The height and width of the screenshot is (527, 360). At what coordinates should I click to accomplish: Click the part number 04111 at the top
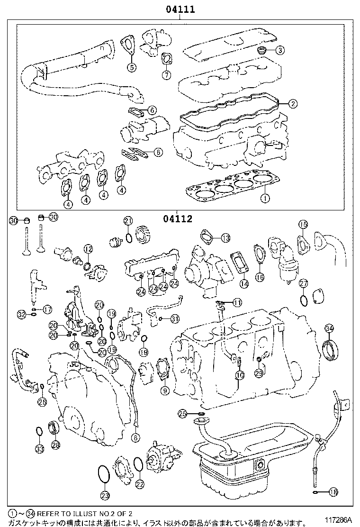180,9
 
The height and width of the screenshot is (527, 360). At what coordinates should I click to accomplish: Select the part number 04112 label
178,219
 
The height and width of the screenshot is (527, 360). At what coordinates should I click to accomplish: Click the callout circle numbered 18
333,492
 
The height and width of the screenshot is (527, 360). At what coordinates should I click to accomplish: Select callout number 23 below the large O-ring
105,496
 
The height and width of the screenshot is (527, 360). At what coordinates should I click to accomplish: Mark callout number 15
303,224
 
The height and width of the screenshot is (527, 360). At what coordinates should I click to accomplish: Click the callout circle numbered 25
183,414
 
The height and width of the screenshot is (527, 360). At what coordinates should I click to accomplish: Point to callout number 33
39,448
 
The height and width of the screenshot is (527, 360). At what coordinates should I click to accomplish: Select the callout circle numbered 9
165,391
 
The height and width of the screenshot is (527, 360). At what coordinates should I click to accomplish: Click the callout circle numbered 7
166,75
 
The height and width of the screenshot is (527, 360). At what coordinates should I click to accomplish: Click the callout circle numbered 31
175,318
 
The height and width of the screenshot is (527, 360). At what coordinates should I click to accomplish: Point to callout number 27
303,283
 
